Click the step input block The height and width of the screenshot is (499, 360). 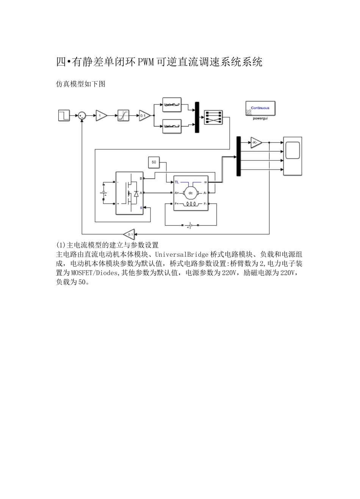pos(64,115)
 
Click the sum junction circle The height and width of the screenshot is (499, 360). pos(82,115)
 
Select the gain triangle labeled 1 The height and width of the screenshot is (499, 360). pos(100,115)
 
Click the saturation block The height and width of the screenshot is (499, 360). pos(123,115)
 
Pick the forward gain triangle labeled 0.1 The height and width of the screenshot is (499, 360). pos(144,115)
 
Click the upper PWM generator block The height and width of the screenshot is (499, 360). pos(172,104)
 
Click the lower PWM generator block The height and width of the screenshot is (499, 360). pos(172,126)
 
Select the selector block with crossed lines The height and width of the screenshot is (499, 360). pos(213,117)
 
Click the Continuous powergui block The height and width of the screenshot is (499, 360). pos(260,108)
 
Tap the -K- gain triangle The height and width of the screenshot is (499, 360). pos(255,142)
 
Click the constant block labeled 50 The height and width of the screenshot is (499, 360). pos(154,162)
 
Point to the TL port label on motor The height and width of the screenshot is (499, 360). pos(177,182)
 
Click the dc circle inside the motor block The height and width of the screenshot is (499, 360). pos(191,193)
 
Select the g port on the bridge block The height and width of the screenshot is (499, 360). pos(141,207)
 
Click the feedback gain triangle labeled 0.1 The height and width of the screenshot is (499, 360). pos(129,234)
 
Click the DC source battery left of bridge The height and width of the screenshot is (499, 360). pos(103,193)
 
